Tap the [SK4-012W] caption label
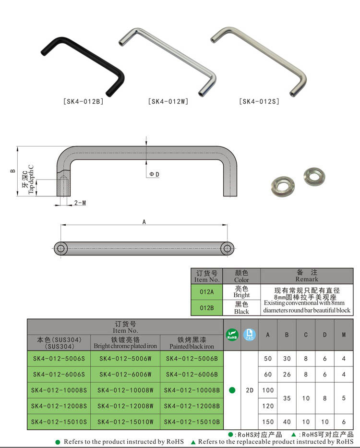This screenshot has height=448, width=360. pyautogui.click(x=168, y=102)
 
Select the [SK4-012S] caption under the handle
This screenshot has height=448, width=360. pyautogui.click(x=259, y=102)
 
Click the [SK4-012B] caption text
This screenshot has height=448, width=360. pyautogui.click(x=83, y=102)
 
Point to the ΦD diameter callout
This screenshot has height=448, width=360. pyautogui.click(x=154, y=174)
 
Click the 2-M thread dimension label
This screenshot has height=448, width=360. pyautogui.click(x=80, y=203)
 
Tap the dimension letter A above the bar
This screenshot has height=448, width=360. pyautogui.click(x=144, y=221)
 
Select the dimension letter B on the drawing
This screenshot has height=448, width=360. pyautogui.click(x=13, y=170)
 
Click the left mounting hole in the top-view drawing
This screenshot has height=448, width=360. pyautogui.click(x=60, y=248)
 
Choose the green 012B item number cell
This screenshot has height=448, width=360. pyautogui.click(x=206, y=307)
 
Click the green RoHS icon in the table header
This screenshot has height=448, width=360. pyautogui.click(x=232, y=335)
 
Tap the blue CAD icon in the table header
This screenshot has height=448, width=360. pyautogui.click(x=249, y=335)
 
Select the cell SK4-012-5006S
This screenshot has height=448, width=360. pyautogui.click(x=59, y=358)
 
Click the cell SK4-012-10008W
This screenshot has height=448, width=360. pyautogui.click(x=125, y=390)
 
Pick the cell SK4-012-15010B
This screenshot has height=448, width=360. pyautogui.click(x=192, y=422)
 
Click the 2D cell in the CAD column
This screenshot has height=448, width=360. pyautogui.click(x=249, y=390)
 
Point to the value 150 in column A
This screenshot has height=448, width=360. pyautogui.click(x=267, y=422)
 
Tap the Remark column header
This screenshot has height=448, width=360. pyautogui.click(x=306, y=276)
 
